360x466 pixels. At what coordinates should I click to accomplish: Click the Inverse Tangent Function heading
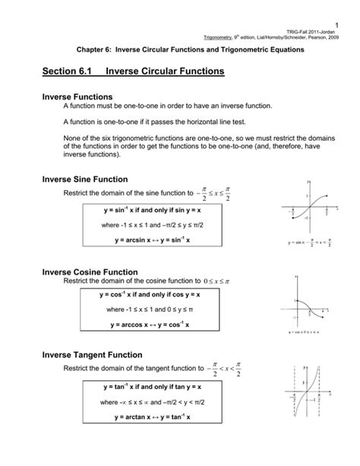click(91, 355)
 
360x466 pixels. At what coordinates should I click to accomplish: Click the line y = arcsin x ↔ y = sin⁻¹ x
click(137, 240)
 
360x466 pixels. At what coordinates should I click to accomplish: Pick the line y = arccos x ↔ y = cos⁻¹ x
click(137, 325)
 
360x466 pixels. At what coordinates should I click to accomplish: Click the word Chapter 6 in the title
click(93, 49)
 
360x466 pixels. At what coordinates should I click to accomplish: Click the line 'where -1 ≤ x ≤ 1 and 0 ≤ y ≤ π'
click(137, 310)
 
